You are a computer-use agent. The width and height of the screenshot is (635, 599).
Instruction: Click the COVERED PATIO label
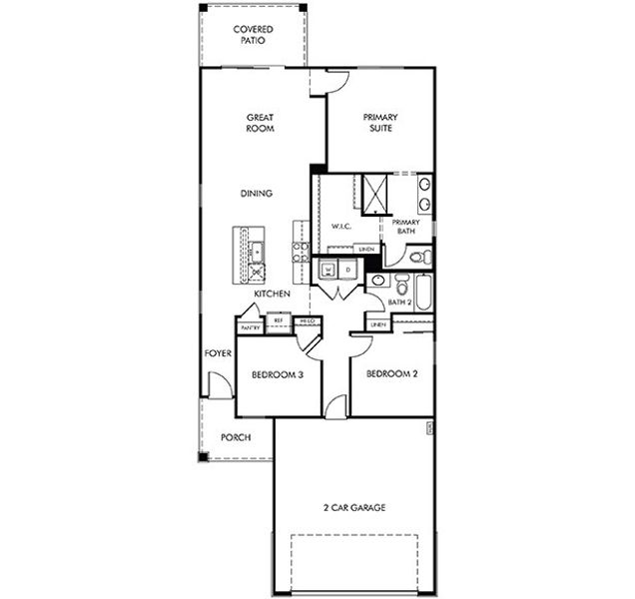[254, 35]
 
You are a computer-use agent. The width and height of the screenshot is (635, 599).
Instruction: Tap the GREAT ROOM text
[261, 123]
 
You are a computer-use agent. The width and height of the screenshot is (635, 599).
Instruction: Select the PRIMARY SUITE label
[380, 123]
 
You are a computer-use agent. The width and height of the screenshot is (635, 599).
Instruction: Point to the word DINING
[257, 193]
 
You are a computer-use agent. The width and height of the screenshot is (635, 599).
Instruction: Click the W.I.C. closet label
[341, 227]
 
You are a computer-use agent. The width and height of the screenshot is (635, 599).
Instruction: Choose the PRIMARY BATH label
[405, 227]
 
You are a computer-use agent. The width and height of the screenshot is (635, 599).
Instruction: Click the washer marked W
[327, 269]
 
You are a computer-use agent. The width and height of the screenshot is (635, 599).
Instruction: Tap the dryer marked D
[348, 269]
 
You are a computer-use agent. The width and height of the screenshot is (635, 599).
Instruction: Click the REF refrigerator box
[279, 320]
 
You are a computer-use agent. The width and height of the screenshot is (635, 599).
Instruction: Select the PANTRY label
[250, 327]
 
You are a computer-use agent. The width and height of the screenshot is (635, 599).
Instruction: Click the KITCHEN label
[272, 295]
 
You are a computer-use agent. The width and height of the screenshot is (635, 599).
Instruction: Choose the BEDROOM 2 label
[390, 374]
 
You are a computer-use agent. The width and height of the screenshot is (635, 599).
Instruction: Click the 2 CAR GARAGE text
[354, 507]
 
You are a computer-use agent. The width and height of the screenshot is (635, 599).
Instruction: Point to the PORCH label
[236, 437]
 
